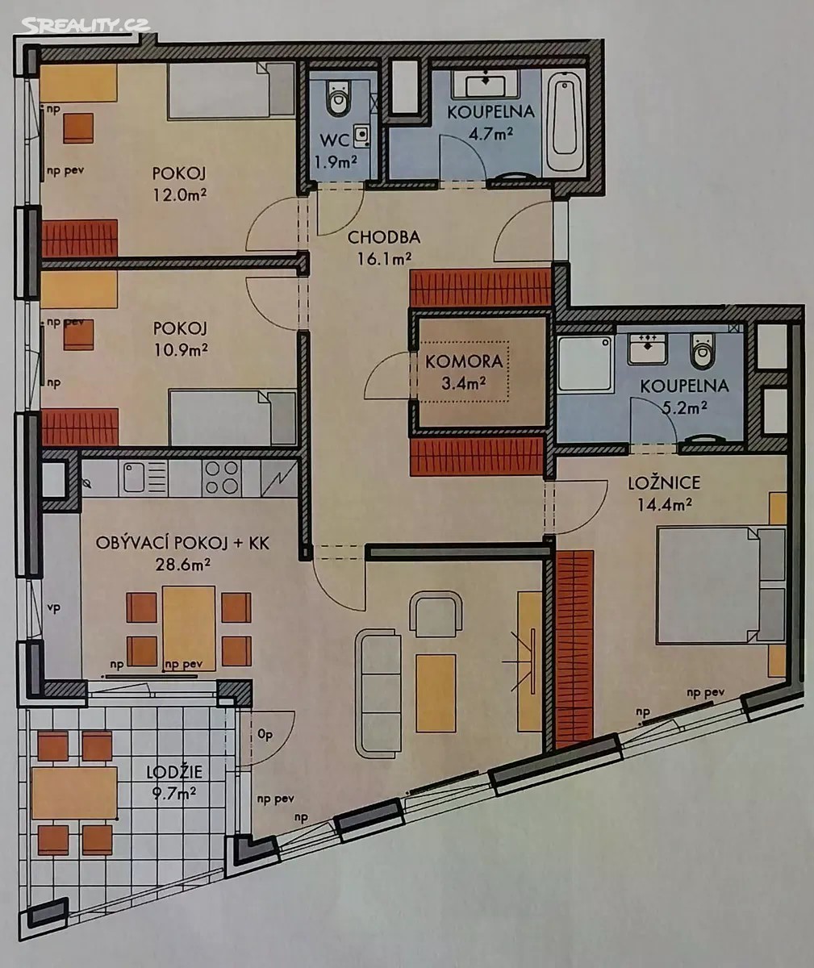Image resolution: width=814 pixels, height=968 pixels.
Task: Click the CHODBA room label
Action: coord(384,238)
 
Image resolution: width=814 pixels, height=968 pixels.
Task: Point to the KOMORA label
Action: coord(464,361)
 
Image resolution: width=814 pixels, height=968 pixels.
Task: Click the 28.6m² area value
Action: coord(182,565)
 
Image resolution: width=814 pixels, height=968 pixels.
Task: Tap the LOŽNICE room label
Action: coord(664,483)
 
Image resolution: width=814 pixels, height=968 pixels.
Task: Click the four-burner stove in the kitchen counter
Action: coord(222,478)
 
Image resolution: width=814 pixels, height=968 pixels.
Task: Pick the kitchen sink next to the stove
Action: coord(144,478)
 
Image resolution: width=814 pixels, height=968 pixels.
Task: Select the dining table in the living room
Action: coord(189,628)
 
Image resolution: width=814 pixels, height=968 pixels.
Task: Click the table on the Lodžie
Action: coord(75,793)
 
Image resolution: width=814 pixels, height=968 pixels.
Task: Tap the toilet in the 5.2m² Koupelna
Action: coord(703,351)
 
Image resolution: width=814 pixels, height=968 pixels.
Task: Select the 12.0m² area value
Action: coord(180,194)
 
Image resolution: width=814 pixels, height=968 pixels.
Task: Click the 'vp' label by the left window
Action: coord(54,607)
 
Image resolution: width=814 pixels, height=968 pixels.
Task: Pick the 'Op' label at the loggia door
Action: coord(265,734)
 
